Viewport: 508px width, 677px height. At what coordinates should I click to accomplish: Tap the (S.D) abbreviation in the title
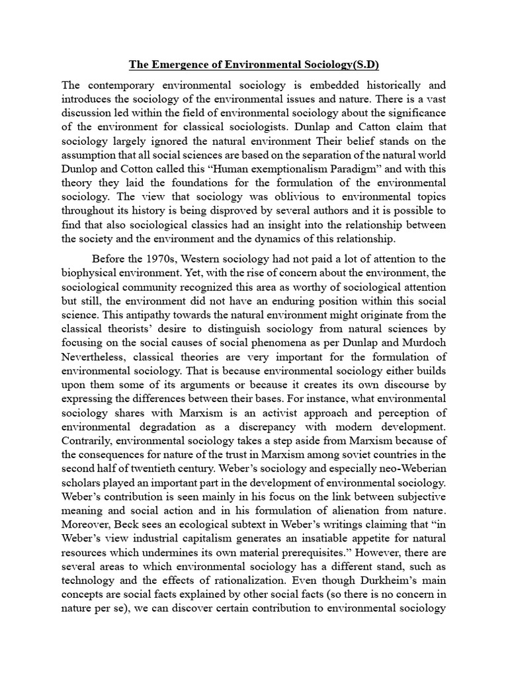pyautogui.click(x=367, y=65)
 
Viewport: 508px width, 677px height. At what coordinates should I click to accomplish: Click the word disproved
pyautogui.click(x=252, y=210)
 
